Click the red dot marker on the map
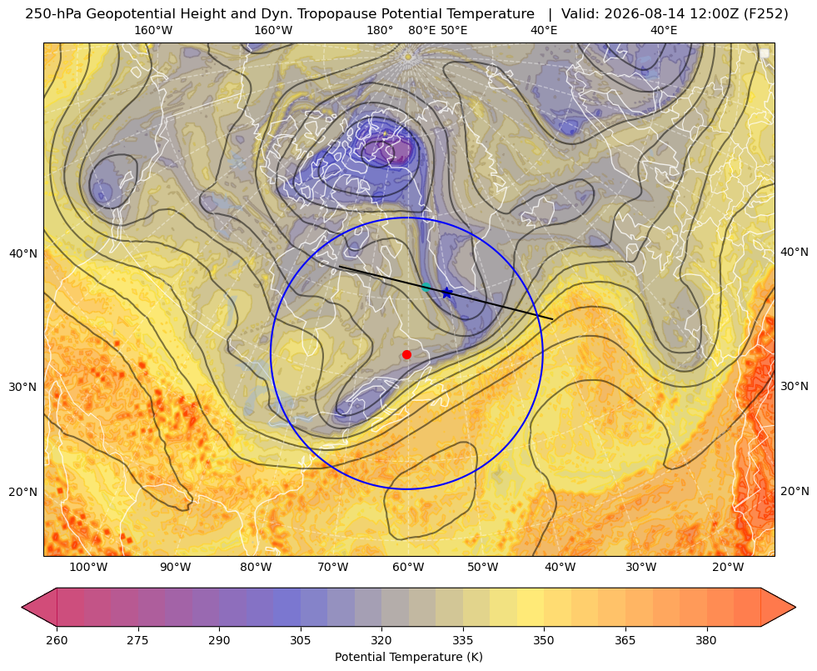[407, 354]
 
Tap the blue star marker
[446, 293]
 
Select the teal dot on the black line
[426, 287]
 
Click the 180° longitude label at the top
[380, 30]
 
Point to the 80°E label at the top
[422, 30]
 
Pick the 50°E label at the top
[454, 30]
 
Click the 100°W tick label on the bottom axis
[88, 567]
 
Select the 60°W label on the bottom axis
[408, 567]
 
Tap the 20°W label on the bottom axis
[728, 567]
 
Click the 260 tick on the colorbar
[57, 640]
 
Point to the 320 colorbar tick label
[381, 640]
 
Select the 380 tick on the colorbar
[706, 640]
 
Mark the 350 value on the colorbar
[544, 640]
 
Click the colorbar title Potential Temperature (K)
[408, 657]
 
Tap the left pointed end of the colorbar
[22, 607]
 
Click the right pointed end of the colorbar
[795, 607]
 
